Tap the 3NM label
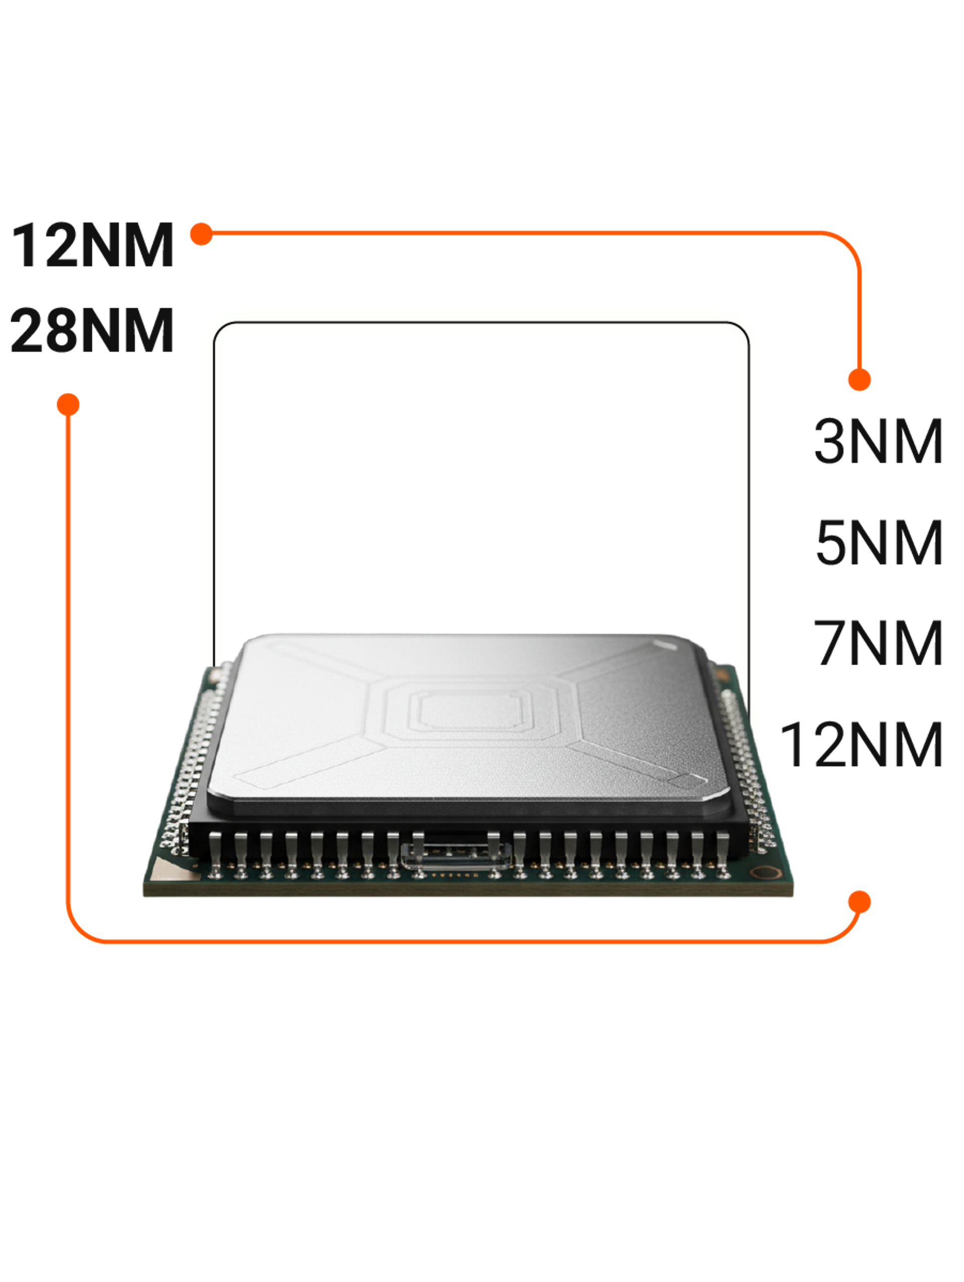click(x=878, y=442)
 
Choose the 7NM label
click(x=878, y=644)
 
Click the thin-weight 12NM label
click(x=862, y=745)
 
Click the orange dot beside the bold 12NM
click(x=201, y=234)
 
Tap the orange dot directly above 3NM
click(x=859, y=379)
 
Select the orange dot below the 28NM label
click(x=68, y=405)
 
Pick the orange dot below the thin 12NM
click(x=859, y=902)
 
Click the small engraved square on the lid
click(x=686, y=781)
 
